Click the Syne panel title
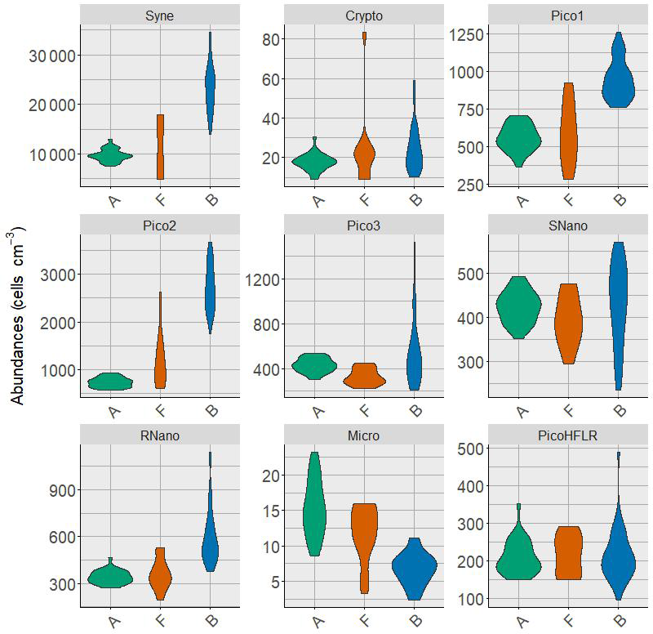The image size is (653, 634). [160, 16]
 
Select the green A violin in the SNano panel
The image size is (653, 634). [521, 306]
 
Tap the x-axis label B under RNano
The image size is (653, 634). [211, 622]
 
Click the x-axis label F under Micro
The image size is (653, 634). [365, 622]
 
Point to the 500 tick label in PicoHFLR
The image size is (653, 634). [469, 448]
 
